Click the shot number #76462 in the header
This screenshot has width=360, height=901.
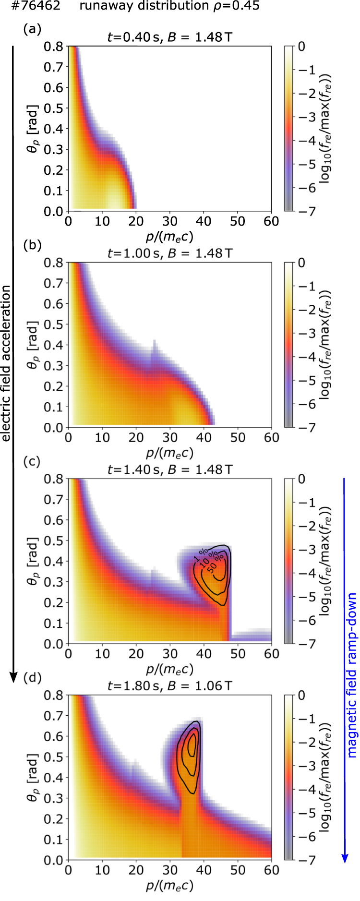tap(30, 6)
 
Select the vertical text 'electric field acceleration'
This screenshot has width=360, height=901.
tap(6, 363)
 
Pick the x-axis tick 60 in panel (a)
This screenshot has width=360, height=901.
tap(272, 221)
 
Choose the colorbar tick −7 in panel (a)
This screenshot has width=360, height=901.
tap(310, 211)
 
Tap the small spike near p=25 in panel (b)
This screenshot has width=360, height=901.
tap(155, 343)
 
